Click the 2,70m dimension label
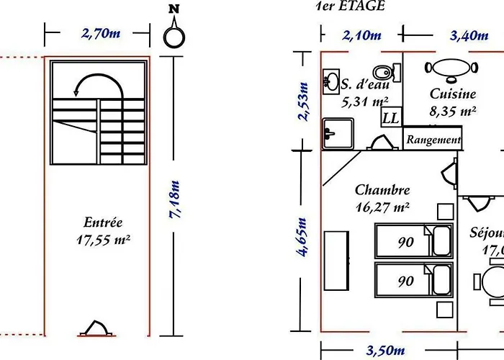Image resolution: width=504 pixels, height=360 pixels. click(98, 33)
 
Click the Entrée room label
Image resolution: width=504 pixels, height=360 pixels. click(102, 223)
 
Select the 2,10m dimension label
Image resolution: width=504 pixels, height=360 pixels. click(361, 35)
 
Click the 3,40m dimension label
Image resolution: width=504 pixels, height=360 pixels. click(449, 35)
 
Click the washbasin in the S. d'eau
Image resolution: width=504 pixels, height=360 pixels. click(332, 81)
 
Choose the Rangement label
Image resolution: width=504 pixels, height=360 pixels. click(433, 140)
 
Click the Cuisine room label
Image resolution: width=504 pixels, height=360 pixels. click(452, 94)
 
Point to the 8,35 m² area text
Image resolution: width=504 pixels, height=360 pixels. click(452, 111)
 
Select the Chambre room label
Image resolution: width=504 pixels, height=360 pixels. click(382, 190)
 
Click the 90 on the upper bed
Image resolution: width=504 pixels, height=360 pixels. click(406, 243)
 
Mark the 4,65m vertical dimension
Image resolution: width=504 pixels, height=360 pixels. click(302, 237)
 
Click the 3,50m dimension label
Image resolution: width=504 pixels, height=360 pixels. click(385, 351)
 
